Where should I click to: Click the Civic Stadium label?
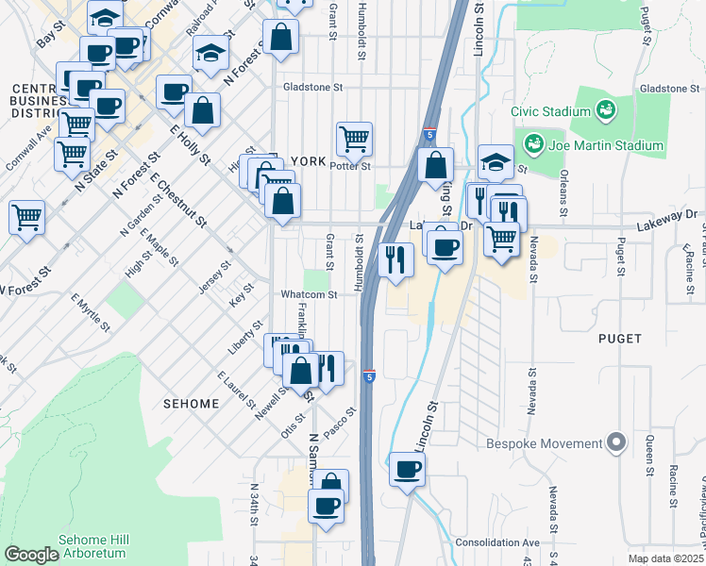point(550,111)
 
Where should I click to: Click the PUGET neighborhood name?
point(619,338)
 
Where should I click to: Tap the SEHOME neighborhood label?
point(190,403)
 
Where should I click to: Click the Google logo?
point(31,554)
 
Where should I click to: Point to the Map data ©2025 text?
point(665,558)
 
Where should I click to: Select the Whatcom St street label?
point(309,294)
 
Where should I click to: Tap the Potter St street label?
point(350,166)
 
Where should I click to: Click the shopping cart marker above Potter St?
point(354,139)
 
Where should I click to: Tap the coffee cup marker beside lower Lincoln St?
point(407,468)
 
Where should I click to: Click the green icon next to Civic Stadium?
point(605,111)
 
